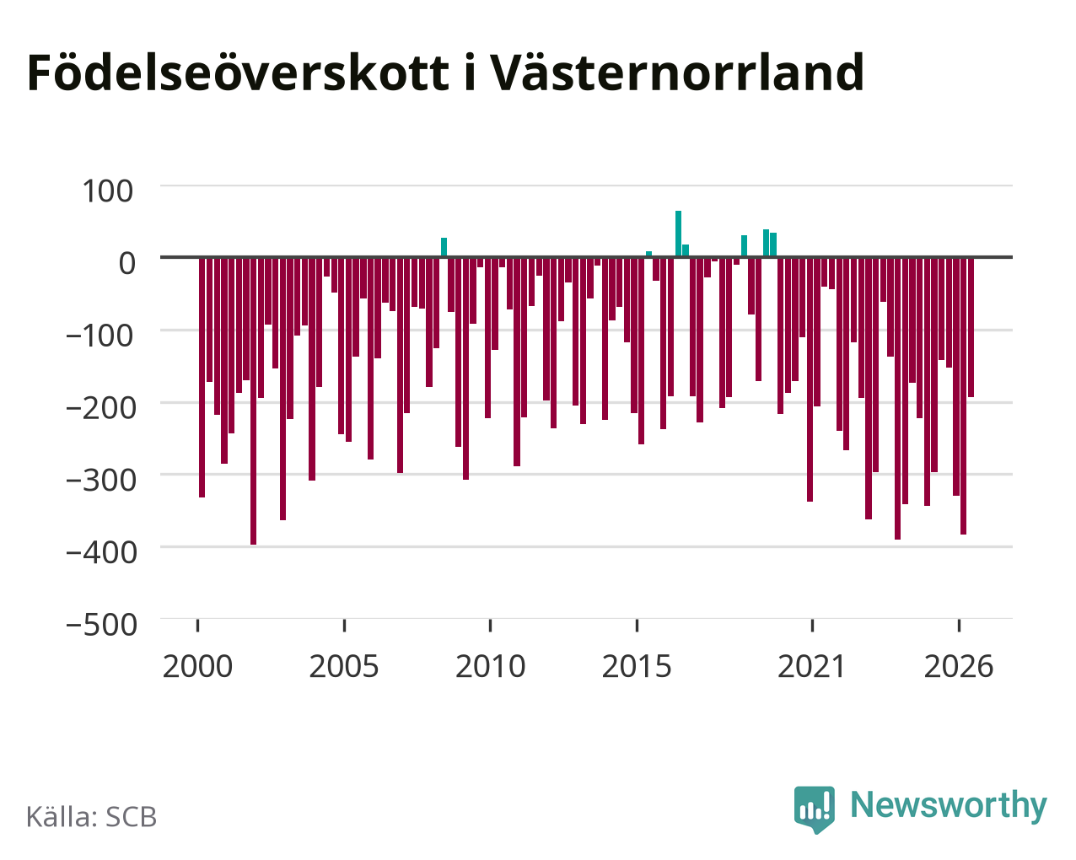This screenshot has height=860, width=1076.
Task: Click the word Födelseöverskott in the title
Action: [x=238, y=73]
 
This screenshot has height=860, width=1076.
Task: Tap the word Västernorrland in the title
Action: [x=676, y=73]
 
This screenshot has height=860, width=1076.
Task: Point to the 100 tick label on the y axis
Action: [x=107, y=191]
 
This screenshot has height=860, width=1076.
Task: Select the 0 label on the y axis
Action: [x=127, y=263]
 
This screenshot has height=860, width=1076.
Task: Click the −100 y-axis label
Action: [x=100, y=336]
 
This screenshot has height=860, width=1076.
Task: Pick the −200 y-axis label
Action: [x=101, y=407]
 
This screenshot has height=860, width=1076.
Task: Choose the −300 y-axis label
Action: [x=101, y=480]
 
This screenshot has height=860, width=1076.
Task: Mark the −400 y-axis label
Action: [x=101, y=552]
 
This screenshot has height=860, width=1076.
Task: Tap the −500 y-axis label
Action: [x=101, y=625]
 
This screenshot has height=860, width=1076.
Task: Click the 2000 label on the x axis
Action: [x=198, y=666]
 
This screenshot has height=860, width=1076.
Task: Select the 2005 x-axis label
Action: [x=344, y=666]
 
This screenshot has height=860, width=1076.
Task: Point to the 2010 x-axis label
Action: [x=491, y=666]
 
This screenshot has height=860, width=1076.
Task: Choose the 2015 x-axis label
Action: [x=637, y=666]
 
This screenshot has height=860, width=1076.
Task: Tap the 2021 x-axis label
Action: [x=811, y=666]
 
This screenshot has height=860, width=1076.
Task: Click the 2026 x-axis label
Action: [x=959, y=666]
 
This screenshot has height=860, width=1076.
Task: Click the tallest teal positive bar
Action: [x=678, y=234]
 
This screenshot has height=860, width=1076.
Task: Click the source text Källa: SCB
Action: [x=92, y=817]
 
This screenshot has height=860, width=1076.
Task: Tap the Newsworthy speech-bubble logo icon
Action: [x=815, y=809]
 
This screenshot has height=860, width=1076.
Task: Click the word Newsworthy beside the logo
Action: [x=949, y=806]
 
